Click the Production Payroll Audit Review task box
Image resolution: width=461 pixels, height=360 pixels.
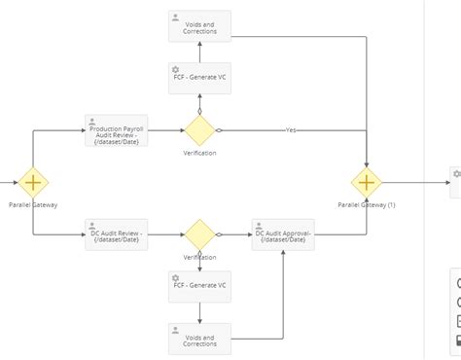point(116,131)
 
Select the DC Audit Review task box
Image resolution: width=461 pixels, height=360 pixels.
point(116,234)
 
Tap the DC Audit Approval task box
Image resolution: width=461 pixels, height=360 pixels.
point(283,234)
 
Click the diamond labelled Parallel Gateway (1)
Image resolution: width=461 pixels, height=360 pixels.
point(367,182)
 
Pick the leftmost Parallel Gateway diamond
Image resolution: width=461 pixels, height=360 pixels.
point(33,182)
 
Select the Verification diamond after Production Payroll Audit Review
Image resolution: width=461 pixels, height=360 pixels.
point(199,130)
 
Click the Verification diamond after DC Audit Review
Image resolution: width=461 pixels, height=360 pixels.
point(199,234)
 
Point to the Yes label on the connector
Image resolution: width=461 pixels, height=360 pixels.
point(291,130)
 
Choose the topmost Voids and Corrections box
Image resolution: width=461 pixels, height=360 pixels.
point(199,26)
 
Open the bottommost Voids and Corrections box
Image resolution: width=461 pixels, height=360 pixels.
point(199,338)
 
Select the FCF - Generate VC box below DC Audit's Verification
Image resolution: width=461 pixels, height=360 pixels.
point(199,286)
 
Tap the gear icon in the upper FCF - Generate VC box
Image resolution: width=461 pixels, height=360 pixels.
point(175,69)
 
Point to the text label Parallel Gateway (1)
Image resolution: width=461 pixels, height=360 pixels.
point(367,205)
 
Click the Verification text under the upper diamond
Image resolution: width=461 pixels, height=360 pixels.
point(199,153)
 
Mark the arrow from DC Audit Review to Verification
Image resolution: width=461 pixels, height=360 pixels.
point(165,234)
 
